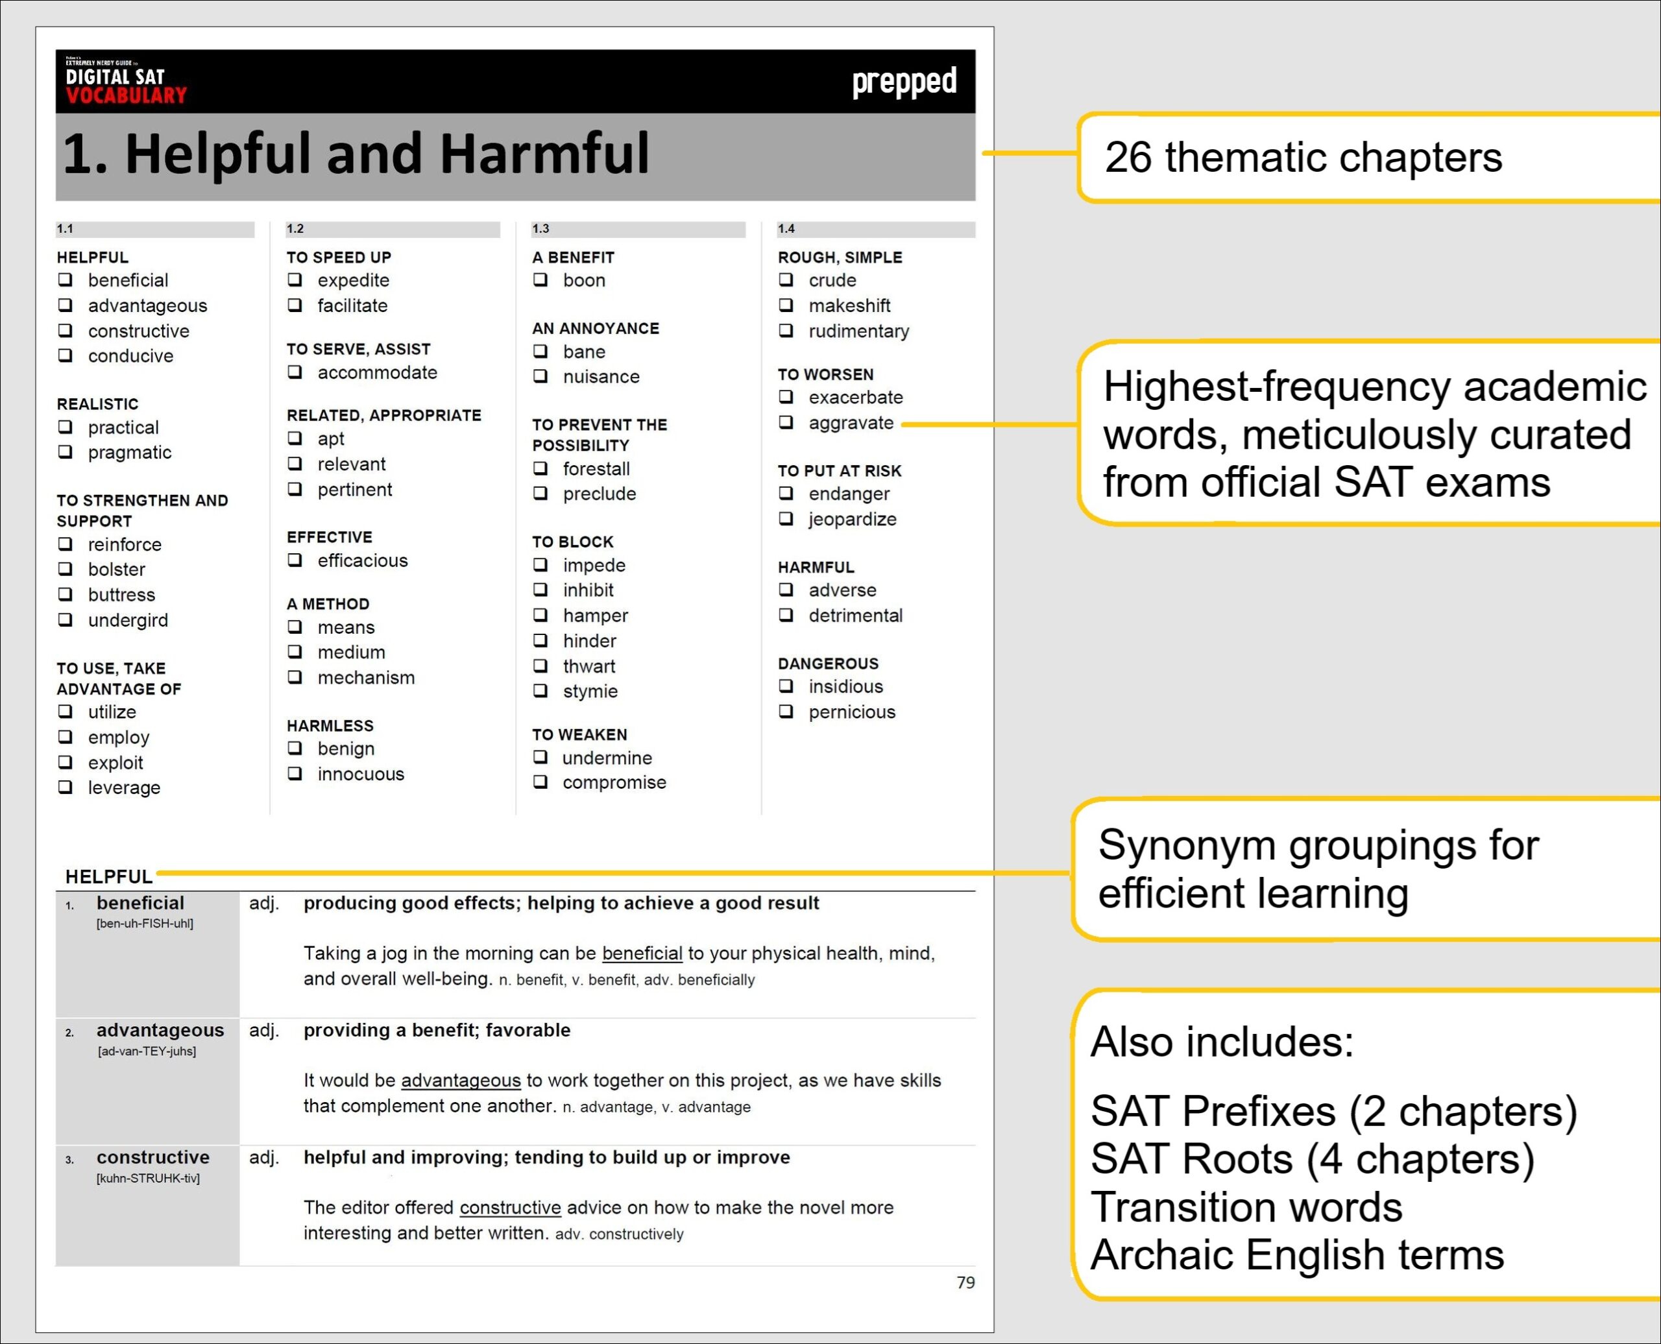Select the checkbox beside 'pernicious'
[786, 712]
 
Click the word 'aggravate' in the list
[851, 423]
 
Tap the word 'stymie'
[590, 691]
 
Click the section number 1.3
[540, 228]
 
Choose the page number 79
[965, 1283]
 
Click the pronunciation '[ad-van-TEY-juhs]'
[147, 1051]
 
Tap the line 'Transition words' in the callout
[1246, 1207]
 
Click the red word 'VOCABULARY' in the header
[127, 96]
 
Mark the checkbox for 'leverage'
[66, 787]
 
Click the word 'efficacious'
[363, 560]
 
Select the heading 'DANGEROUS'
[828, 664]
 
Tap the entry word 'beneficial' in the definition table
[140, 903]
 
